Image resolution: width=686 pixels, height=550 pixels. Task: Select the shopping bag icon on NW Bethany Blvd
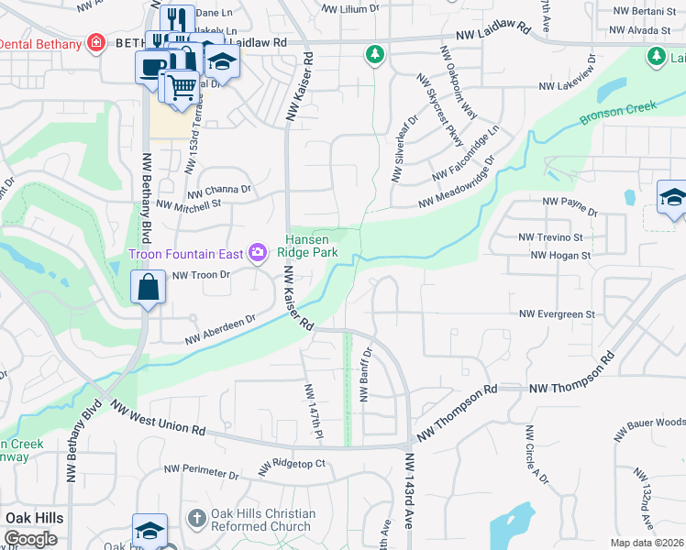(x=149, y=287)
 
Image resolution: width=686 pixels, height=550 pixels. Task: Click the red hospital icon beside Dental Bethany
(x=94, y=43)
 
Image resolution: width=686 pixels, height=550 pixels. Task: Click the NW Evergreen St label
(x=557, y=314)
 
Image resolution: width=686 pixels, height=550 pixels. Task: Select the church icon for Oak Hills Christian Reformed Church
(x=195, y=519)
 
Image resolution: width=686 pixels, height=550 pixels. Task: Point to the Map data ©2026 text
(x=647, y=543)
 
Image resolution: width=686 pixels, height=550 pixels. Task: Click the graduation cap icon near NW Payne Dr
(x=673, y=197)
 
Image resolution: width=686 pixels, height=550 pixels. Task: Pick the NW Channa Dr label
(x=218, y=192)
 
